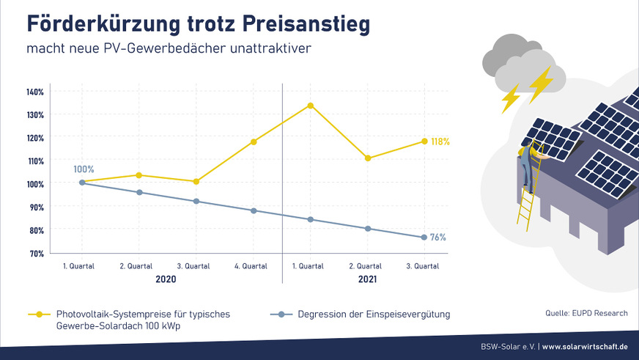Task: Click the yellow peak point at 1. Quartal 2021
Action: click(x=311, y=106)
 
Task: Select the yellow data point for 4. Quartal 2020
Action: click(x=254, y=142)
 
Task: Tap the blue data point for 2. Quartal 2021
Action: click(x=368, y=229)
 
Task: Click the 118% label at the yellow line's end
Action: click(x=440, y=142)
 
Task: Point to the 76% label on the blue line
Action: click(x=437, y=238)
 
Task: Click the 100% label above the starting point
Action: click(x=84, y=169)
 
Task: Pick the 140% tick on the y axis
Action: click(x=35, y=92)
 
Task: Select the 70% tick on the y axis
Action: click(x=37, y=253)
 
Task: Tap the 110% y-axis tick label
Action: click(x=35, y=161)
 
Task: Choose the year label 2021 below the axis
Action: click(x=367, y=280)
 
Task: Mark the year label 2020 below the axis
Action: click(x=166, y=280)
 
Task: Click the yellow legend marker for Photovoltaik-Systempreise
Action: click(x=39, y=314)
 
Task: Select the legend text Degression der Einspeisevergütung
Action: click(x=374, y=314)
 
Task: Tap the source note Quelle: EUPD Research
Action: click(x=586, y=313)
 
